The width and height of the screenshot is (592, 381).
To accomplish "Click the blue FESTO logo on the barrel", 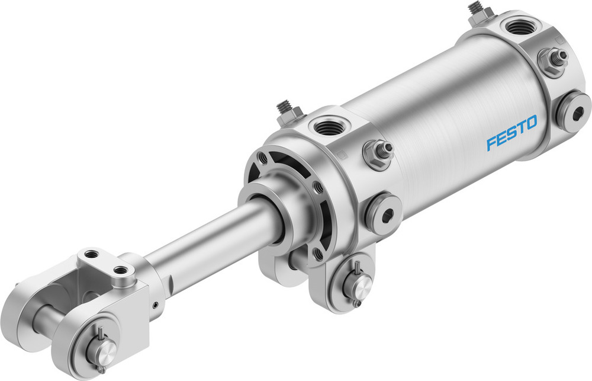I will [511, 133].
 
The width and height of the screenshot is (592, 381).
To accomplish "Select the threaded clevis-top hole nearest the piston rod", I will [123, 270].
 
